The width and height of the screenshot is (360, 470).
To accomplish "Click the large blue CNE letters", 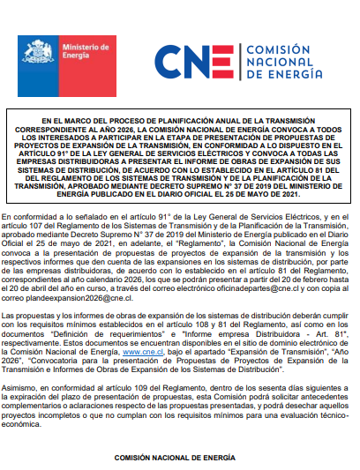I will click(x=195, y=63).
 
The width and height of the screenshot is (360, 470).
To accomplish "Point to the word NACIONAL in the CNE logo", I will click(x=274, y=63).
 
